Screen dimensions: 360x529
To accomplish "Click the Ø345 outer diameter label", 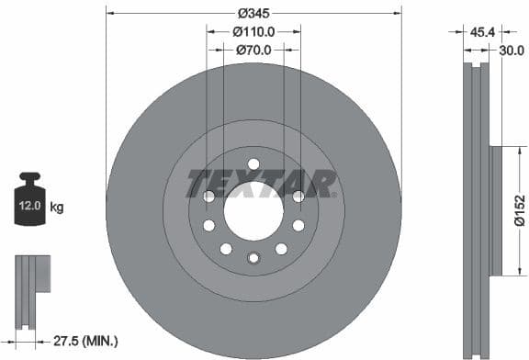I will (254, 14).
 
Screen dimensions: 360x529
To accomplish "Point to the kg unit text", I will (57, 208).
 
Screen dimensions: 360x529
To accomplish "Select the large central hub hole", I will (253, 208).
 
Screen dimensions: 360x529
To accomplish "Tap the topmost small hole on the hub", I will (253, 164).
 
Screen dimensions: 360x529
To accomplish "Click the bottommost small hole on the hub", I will (253, 257).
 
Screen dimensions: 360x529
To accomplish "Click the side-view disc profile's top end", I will (474, 69).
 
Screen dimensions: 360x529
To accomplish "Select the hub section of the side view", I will (497, 210).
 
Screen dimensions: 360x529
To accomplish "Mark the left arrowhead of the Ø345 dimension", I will (109, 14).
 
